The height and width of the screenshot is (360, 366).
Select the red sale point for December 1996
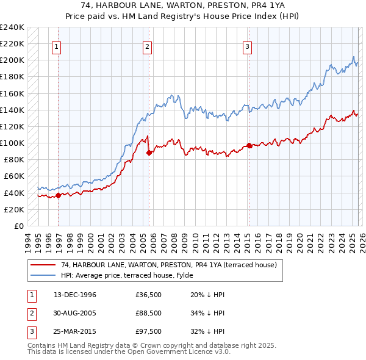59,195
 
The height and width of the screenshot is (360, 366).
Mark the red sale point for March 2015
248,145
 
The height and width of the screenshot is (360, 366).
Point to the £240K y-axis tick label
12,27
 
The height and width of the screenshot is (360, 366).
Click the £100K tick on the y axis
12,143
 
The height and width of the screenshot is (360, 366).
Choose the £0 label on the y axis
18,226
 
